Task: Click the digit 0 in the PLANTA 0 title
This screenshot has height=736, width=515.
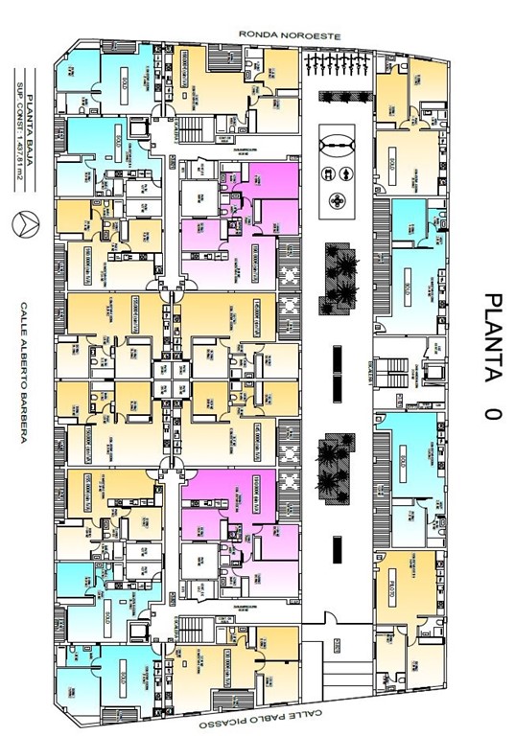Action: pos(491,414)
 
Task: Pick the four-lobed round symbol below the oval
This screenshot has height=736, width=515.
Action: pos(338,200)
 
